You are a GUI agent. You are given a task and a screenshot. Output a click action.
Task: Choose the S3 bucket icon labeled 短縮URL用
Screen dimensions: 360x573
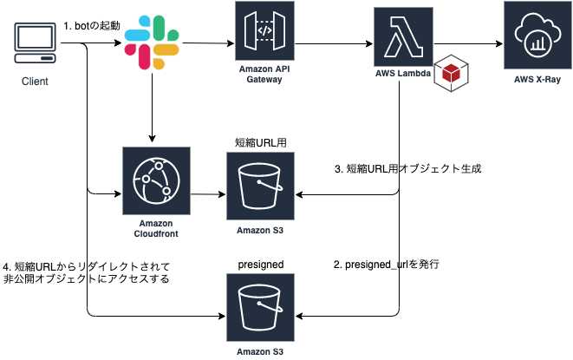pos(259,186)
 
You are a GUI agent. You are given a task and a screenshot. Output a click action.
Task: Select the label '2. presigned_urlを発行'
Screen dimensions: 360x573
pos(387,264)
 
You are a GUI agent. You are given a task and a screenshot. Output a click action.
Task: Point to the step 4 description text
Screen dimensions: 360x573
pos(87,272)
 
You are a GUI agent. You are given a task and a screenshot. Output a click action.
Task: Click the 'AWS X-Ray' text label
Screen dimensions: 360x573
pos(537,80)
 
